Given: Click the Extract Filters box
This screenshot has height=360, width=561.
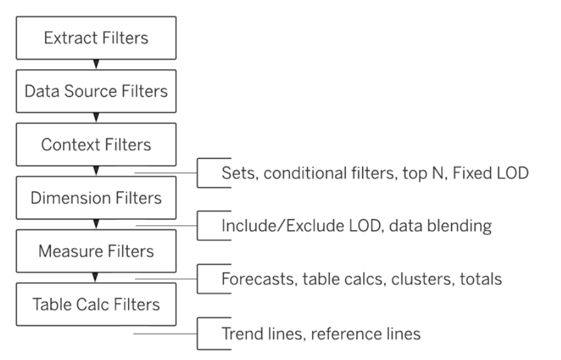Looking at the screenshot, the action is [x=96, y=38].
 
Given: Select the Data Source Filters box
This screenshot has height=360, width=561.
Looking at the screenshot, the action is [x=96, y=92].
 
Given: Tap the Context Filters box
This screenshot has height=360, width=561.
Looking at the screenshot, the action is [x=96, y=145].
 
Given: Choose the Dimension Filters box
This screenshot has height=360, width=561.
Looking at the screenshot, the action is [x=96, y=197].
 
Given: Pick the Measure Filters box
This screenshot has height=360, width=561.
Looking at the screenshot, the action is [x=96, y=251].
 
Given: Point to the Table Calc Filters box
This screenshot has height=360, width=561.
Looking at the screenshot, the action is [x=96, y=304].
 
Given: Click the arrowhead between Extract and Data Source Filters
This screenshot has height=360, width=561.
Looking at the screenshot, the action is [x=96, y=64].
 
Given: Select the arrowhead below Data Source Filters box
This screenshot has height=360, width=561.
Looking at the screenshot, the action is [x=96, y=118].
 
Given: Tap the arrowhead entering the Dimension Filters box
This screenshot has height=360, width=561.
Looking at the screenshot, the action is [x=96, y=171].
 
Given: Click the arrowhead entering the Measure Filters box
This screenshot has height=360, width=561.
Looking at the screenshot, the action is [x=96, y=225].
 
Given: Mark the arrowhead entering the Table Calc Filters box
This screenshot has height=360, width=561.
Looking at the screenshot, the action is [x=95, y=277].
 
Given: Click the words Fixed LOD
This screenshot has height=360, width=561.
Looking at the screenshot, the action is [x=490, y=173].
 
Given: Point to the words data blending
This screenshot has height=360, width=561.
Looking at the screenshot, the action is [x=440, y=226].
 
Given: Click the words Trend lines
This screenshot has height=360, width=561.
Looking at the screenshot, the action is [x=263, y=334].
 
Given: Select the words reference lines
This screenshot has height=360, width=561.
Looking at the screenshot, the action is [x=366, y=334].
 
